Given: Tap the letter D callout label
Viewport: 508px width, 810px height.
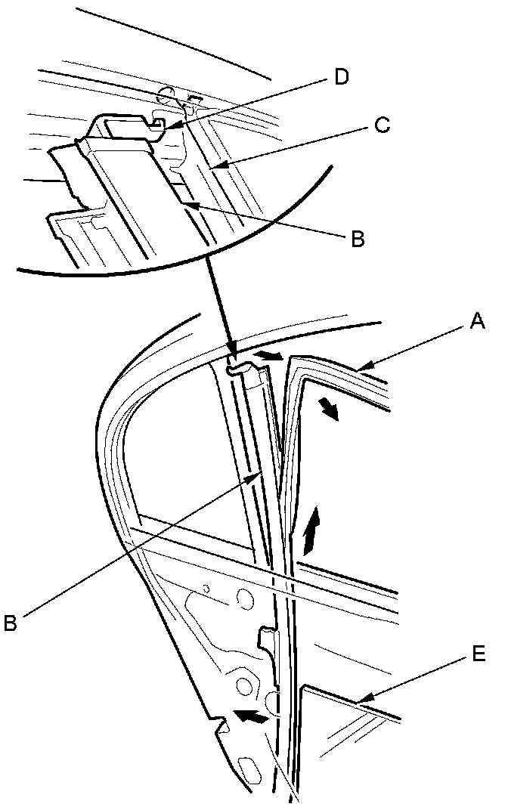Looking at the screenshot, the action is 342,78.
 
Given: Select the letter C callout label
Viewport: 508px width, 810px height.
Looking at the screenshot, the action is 382,126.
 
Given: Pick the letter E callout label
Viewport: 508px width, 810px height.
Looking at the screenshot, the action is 478,652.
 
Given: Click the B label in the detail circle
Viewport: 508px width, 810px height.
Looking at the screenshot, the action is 358,240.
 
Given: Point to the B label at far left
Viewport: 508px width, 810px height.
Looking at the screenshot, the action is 11,623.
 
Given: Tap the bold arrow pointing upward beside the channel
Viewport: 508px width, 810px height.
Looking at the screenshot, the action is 311,530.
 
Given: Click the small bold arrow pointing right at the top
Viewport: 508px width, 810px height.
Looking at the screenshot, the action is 269,354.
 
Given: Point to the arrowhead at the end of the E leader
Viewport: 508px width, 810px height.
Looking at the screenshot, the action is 362,703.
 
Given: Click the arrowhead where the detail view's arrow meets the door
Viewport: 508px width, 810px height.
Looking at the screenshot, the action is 230,349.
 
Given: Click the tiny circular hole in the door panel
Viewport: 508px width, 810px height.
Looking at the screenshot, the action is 206,589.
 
